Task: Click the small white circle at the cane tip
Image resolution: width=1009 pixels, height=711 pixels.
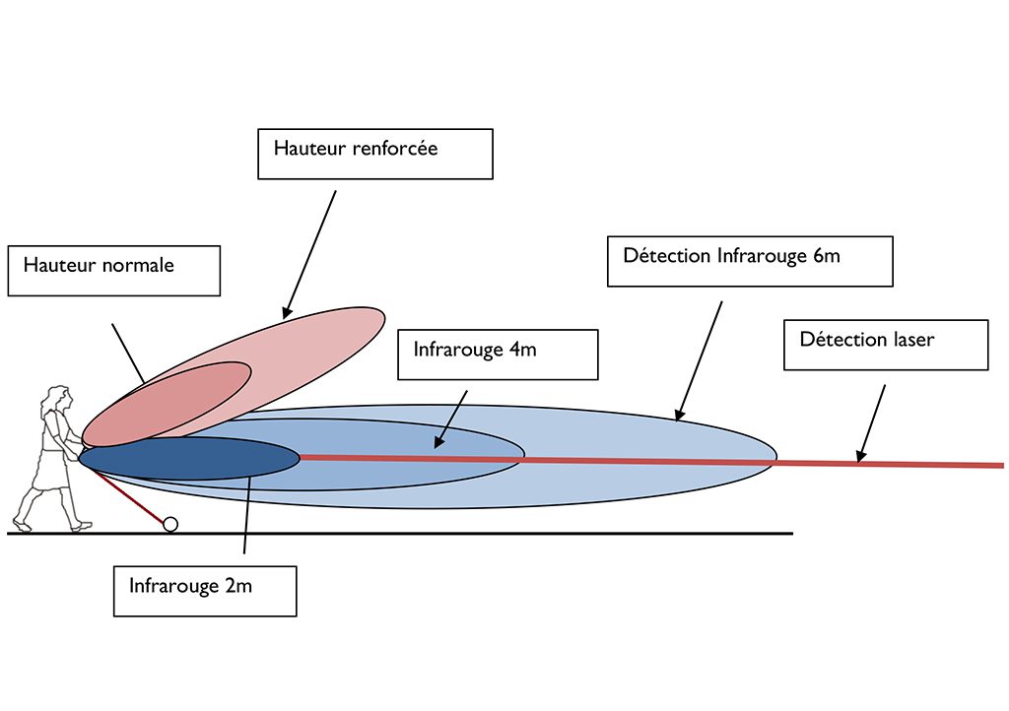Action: [x=170, y=525]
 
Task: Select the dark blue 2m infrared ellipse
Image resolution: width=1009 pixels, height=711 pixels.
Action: [x=189, y=458]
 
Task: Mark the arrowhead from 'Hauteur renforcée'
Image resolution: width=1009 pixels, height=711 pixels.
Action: [x=287, y=313]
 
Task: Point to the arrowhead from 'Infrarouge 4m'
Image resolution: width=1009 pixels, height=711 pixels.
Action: [x=438, y=441]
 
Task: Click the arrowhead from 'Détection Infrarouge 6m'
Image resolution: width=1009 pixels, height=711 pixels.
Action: [x=679, y=415]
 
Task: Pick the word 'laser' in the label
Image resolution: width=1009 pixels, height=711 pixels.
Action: [x=911, y=339]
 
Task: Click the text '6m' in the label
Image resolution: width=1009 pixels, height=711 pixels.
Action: [x=827, y=256]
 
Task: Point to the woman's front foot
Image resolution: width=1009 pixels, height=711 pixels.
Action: [x=82, y=527]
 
